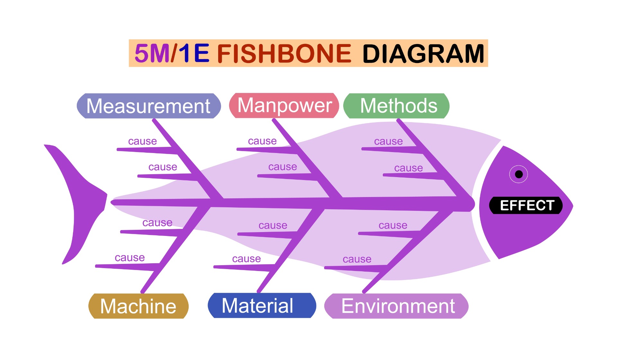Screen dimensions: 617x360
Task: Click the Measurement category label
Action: click(149, 106)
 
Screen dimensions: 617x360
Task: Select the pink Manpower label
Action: click(284, 105)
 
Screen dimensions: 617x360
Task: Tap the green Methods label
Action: click(396, 106)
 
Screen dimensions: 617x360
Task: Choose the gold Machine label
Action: click(139, 306)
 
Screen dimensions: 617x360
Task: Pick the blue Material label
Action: click(262, 305)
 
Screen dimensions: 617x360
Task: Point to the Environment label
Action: click(396, 306)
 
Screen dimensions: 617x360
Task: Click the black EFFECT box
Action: click(526, 205)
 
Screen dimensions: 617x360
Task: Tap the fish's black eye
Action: click(519, 174)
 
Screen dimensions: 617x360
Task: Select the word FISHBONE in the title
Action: click(284, 53)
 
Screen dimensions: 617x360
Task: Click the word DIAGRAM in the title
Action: click(423, 53)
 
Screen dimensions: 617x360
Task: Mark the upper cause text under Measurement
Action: click(142, 141)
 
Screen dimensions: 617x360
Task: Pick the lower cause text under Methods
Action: click(408, 168)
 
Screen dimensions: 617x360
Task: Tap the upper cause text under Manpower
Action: click(262, 141)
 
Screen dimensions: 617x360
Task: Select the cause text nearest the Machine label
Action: click(130, 257)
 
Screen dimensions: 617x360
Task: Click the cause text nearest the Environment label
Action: click(357, 259)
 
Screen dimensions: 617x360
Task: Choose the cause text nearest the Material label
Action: click(246, 258)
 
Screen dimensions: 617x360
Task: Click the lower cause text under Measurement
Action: click(163, 167)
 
